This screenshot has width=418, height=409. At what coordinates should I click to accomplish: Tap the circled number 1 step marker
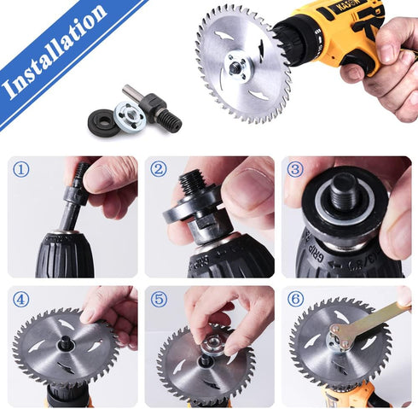21,169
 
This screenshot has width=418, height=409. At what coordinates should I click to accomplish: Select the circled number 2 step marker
159,169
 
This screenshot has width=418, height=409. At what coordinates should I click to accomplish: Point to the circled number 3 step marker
295,169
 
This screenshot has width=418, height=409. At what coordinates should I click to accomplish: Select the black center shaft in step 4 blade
66,347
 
